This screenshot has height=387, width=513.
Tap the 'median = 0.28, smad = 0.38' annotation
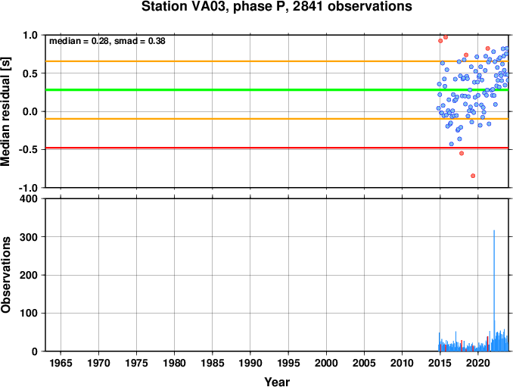click(x=107, y=41)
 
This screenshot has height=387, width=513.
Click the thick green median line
click(x=277, y=89)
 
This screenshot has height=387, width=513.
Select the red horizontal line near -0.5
click(x=277, y=148)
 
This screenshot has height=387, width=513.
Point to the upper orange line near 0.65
click(x=277, y=61)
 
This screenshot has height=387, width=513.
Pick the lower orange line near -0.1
click(x=277, y=119)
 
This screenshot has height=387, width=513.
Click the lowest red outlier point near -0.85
click(x=473, y=176)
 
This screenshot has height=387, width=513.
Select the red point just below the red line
click(x=462, y=153)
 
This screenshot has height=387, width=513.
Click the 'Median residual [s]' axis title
click(x=5, y=111)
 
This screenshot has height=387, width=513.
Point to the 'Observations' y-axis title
click(x=5, y=274)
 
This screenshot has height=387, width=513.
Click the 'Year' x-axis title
click(x=277, y=382)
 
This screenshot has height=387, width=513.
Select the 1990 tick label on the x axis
click(x=250, y=363)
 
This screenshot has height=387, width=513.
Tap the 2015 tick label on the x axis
click(x=440, y=363)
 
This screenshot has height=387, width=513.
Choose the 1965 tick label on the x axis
click(x=61, y=363)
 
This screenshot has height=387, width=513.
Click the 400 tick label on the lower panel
click(x=29, y=198)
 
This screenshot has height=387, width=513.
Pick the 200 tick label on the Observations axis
click(x=29, y=275)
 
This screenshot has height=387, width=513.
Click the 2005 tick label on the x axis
click(x=364, y=363)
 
